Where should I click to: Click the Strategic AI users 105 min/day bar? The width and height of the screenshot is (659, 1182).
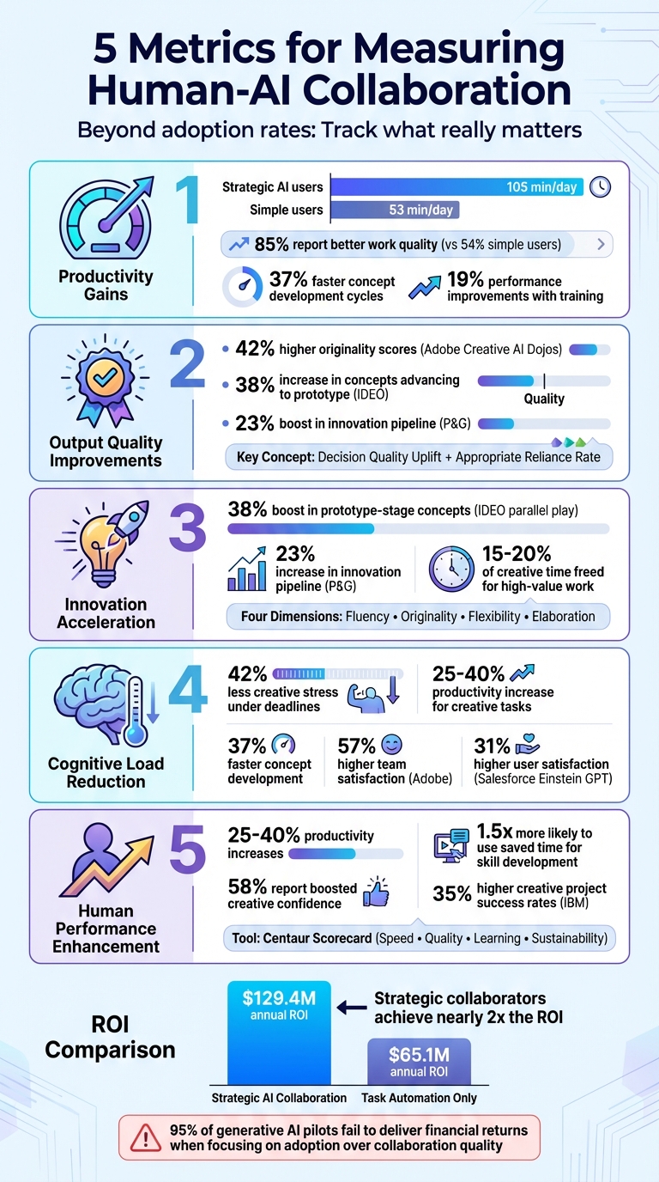(456, 187)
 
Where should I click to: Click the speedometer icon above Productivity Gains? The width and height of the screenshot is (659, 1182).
(106, 218)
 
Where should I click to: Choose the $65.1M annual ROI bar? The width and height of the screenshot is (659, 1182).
(419, 1062)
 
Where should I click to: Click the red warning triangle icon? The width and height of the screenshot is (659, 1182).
(146, 1137)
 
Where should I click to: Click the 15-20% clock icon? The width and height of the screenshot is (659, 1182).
(451, 569)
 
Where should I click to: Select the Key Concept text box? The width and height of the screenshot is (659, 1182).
(419, 458)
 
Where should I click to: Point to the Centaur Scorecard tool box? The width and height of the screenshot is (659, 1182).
(419, 939)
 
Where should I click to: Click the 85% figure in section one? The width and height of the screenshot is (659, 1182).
(271, 245)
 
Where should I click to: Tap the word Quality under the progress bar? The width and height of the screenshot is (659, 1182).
(544, 399)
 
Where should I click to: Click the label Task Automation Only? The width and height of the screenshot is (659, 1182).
(419, 1098)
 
